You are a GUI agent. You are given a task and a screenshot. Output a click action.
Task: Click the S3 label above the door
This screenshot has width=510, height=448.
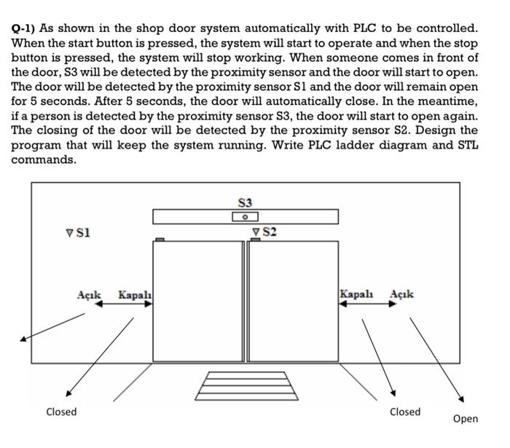[x=245, y=202]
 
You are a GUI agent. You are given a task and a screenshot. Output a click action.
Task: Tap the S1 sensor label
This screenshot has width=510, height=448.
[x=82, y=232]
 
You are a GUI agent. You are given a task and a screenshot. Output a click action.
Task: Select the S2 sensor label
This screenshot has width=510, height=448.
[x=269, y=232]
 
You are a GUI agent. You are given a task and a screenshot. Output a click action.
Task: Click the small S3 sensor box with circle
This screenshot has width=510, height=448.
[x=246, y=217]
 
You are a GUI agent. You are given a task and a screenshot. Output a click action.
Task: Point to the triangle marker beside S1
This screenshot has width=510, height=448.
[x=70, y=233]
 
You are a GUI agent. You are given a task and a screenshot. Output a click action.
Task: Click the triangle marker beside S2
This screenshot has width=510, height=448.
[x=256, y=232]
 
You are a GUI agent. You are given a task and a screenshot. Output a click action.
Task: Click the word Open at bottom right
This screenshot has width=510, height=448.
[x=465, y=418]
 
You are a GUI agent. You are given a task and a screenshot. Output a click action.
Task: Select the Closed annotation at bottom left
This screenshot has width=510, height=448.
[x=61, y=412]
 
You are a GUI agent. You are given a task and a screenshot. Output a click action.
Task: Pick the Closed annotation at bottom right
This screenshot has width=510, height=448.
[x=405, y=412]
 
